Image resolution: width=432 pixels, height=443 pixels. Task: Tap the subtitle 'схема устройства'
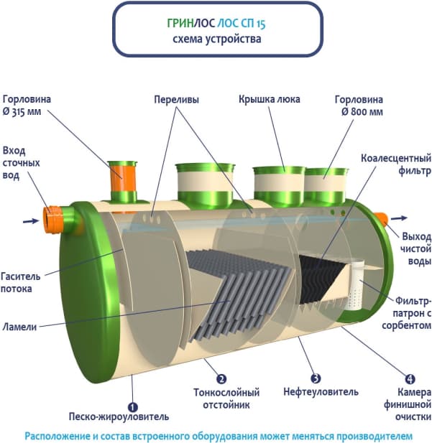217,39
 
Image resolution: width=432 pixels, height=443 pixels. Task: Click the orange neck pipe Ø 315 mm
122,182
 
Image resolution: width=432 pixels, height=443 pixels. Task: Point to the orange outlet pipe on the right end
380,218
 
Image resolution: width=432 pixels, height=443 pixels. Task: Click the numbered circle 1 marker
132,404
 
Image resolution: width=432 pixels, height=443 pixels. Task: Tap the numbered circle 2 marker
221,379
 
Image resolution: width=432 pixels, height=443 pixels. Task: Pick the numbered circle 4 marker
410,378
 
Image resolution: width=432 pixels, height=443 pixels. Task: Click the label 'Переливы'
176,99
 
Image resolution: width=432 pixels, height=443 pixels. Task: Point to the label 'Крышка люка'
270,99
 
